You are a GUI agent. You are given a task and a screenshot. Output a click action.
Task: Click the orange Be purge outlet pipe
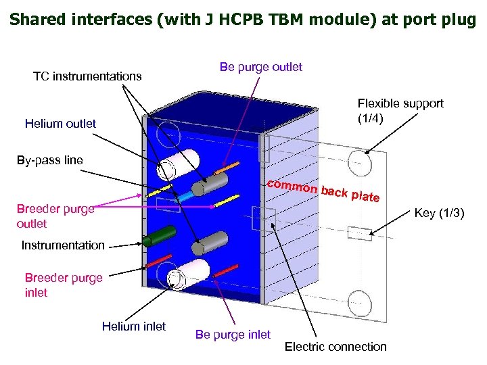229,166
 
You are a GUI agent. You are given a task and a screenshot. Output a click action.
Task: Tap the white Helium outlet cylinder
180,162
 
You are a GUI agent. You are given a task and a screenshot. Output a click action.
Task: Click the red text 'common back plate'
323,191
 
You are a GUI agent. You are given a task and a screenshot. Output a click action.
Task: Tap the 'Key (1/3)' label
438,213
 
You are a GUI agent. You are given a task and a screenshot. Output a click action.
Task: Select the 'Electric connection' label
335,347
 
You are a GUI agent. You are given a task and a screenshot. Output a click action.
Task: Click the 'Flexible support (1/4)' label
400,111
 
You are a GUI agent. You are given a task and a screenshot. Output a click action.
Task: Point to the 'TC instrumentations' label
87,76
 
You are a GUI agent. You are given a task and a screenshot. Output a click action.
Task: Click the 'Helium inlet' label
133,326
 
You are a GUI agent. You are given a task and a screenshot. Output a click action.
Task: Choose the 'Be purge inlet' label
232,334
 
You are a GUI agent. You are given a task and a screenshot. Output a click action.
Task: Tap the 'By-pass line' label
50,160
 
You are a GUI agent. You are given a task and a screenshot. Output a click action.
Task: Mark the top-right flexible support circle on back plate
359,162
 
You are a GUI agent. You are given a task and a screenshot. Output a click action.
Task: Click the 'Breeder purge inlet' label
64,285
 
